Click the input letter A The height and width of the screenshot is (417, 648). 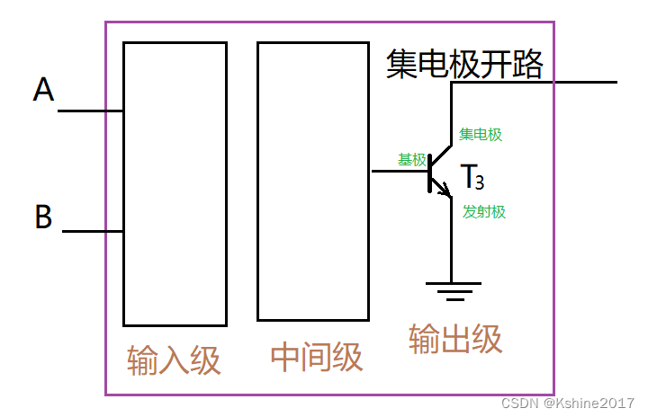43,90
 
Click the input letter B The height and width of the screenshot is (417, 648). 43,217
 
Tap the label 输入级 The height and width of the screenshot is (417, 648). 174,360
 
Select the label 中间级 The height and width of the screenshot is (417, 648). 317,357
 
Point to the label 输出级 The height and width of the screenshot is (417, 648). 455,339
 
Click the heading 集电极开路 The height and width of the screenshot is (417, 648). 464,64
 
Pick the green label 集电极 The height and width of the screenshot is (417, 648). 481,135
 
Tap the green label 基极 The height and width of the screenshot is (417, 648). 412,159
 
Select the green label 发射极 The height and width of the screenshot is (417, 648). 484,212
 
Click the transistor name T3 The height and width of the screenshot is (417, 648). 472,178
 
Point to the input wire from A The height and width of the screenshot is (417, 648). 90,111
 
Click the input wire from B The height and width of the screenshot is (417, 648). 92,231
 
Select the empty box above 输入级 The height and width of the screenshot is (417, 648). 175,183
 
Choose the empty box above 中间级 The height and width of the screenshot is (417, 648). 312,181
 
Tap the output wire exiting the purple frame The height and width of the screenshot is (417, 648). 585,82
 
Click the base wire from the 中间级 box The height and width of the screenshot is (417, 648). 399,171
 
